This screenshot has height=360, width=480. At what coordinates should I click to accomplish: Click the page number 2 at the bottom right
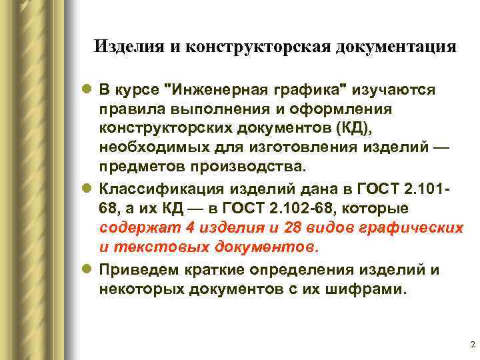pyautogui.click(x=472, y=345)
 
